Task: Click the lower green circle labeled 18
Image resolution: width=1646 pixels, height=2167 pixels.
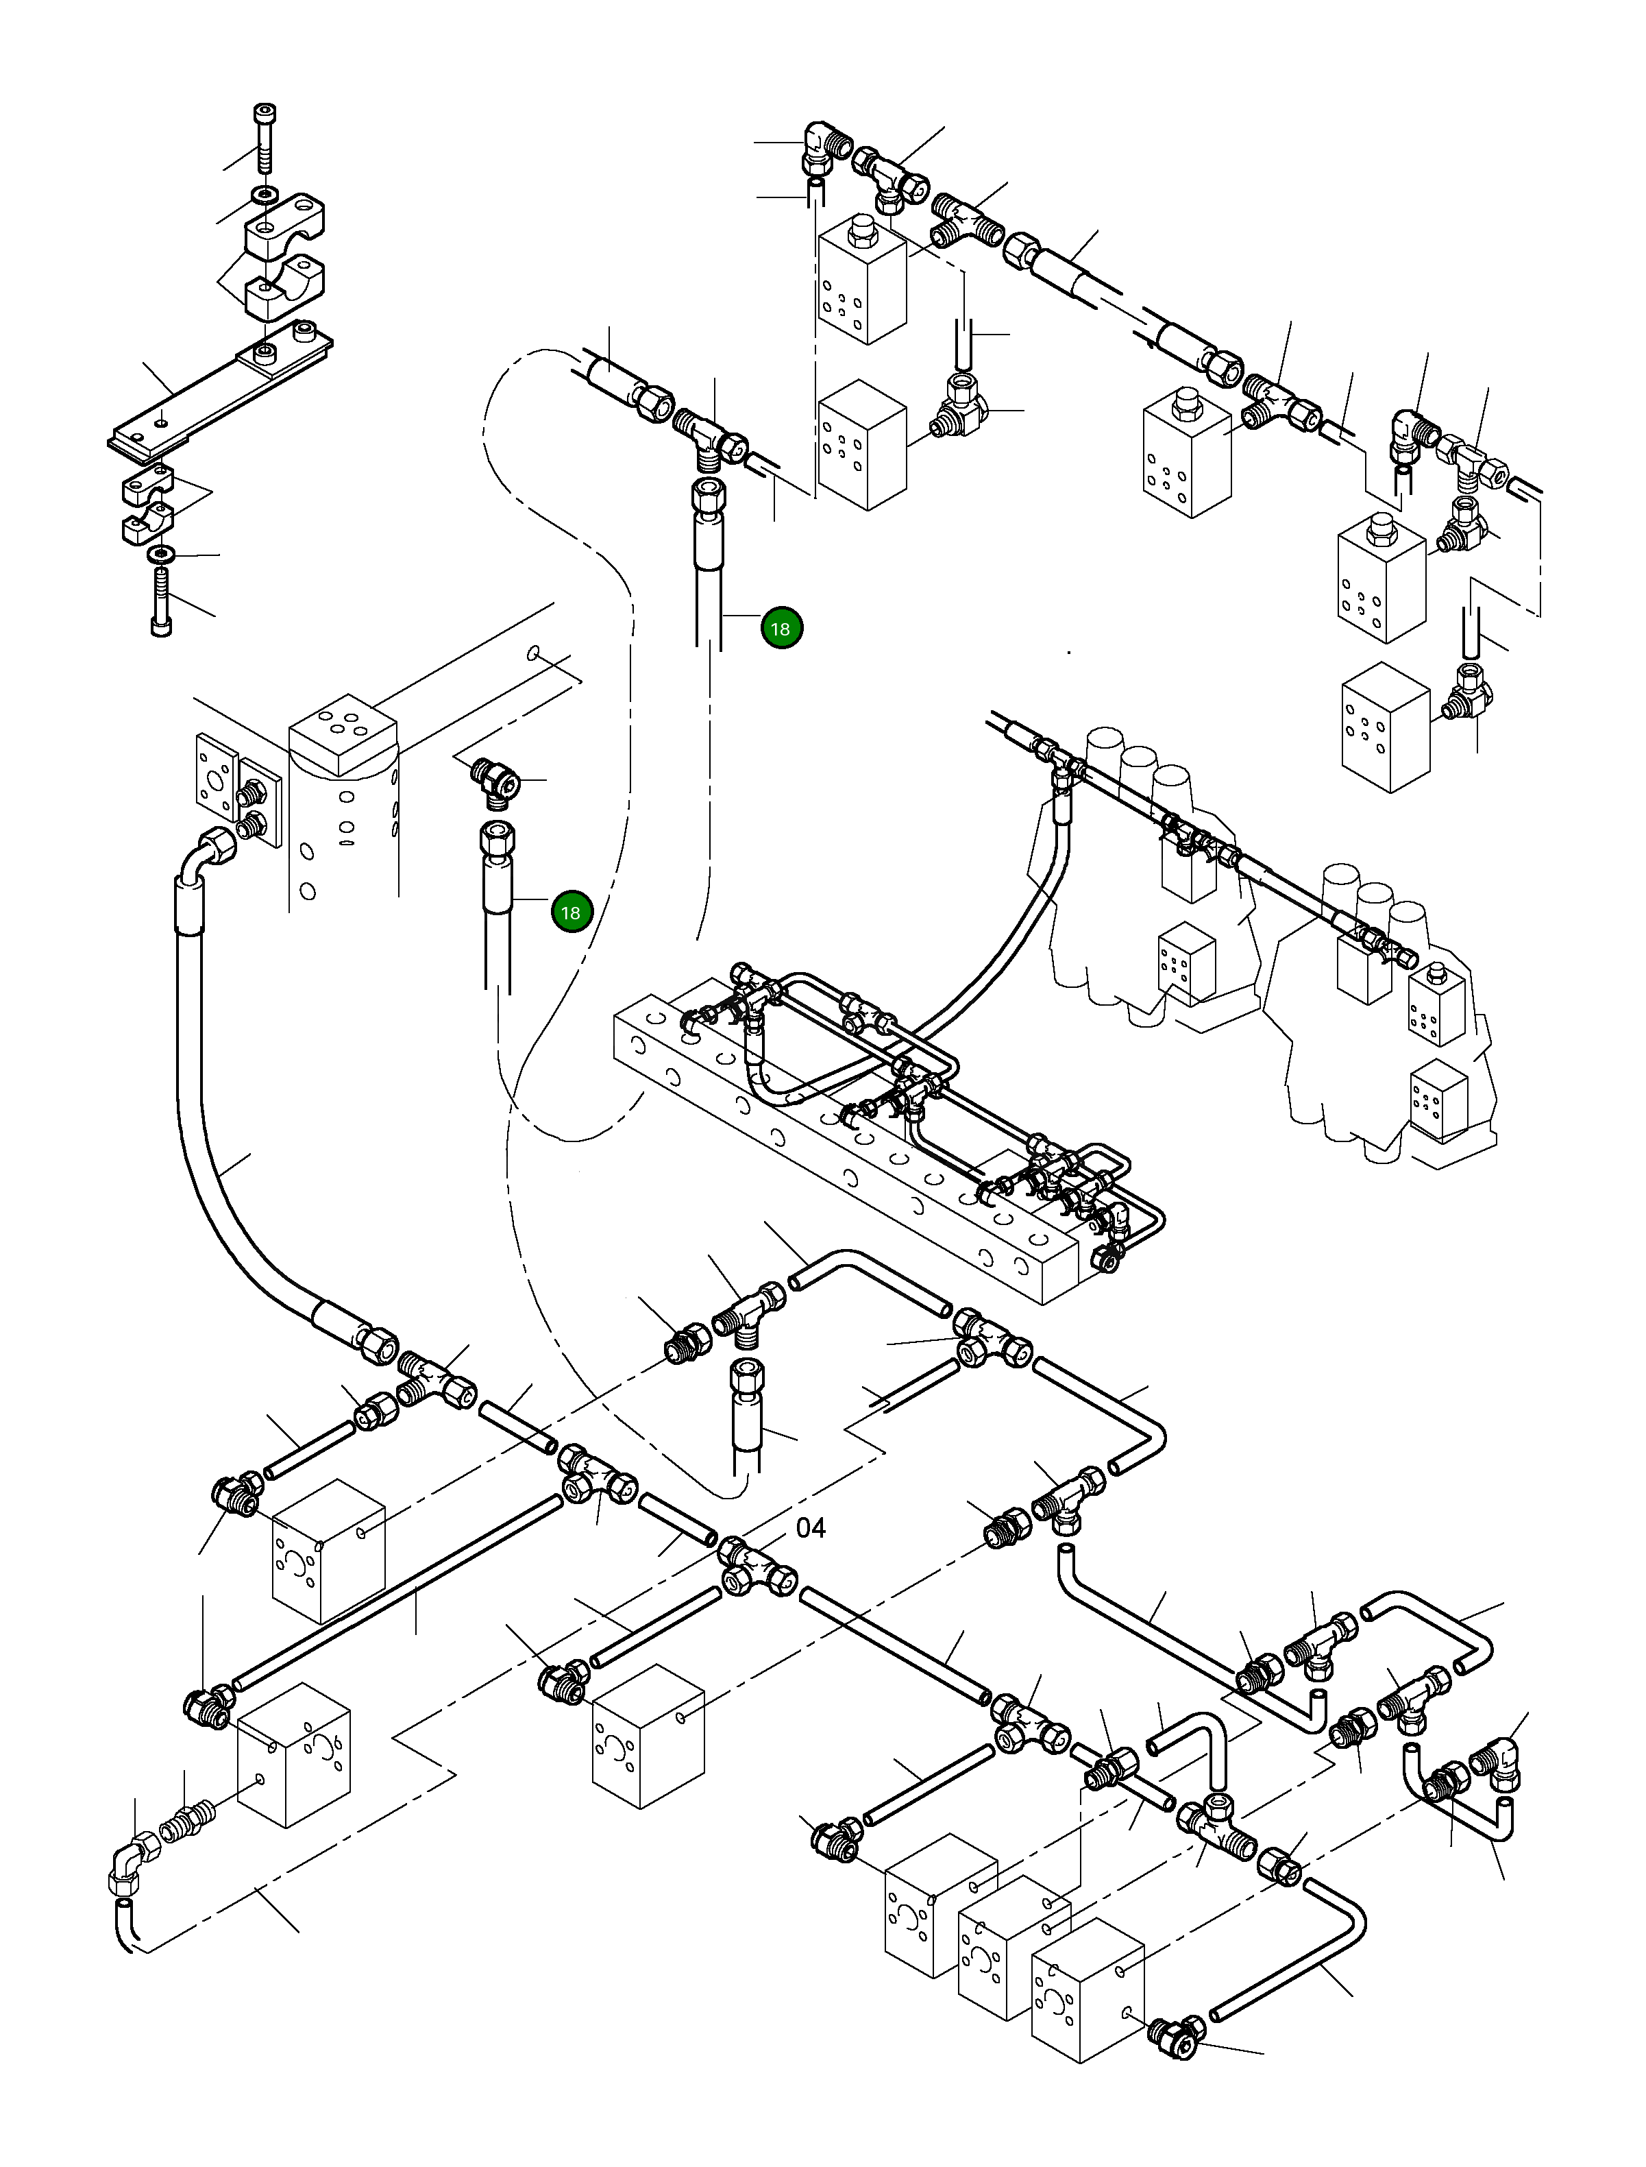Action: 570,912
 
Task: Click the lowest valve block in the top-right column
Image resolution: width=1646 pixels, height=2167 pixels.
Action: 1384,725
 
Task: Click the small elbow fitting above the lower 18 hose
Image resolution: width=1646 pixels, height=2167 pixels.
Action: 493,783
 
